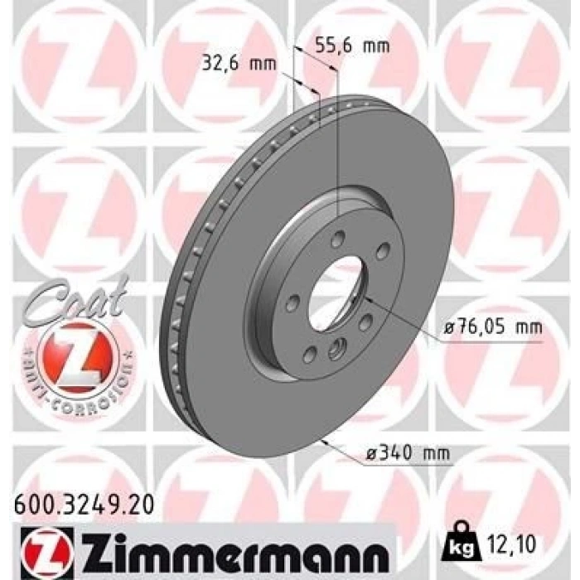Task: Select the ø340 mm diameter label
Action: (x=408, y=452)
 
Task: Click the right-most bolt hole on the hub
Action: (x=382, y=251)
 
